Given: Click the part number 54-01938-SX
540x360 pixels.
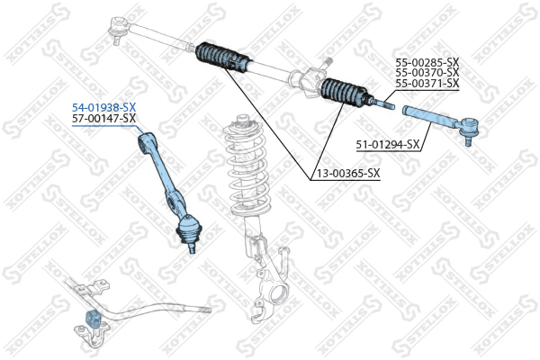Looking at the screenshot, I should pos(104,107).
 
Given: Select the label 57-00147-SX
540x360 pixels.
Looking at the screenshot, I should pos(104,118).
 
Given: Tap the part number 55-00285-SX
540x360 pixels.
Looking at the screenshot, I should pos(427,63).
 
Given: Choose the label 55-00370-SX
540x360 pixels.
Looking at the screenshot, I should pos(427,73).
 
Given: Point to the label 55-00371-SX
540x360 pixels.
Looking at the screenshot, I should pos(427,84).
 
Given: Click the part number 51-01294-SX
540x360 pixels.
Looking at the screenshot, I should pos(389,144).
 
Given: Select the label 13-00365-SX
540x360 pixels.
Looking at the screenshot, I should pos(346,173).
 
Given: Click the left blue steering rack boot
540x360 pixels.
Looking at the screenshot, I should pos(220,58).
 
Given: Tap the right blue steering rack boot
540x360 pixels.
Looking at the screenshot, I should pos(343,94).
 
